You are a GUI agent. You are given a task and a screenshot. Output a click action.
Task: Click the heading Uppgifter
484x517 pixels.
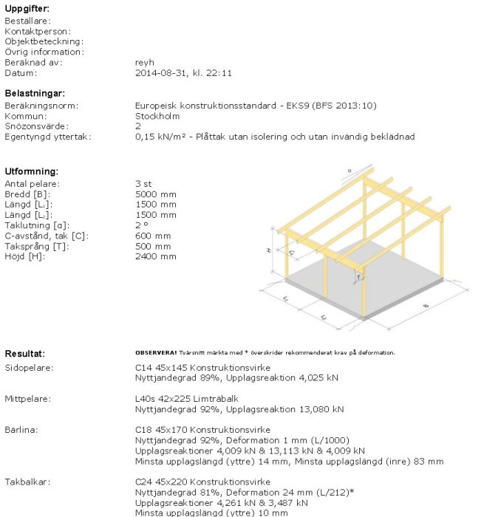click(x=27, y=8)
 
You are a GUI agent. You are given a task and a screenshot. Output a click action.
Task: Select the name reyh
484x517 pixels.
click(x=145, y=63)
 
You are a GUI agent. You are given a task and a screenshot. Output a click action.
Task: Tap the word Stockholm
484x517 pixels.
click(x=157, y=116)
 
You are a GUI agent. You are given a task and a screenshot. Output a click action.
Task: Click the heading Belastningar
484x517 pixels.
click(x=35, y=94)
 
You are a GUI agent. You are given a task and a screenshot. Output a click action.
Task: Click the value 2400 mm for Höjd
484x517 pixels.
click(x=156, y=256)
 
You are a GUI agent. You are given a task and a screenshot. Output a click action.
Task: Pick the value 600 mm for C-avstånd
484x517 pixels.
click(x=153, y=236)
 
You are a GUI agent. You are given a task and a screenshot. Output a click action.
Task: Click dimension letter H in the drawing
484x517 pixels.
click(x=269, y=251)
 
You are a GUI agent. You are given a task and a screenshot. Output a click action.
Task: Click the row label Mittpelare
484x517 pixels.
click(x=28, y=399)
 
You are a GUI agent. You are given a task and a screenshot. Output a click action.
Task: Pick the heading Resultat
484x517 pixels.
click(x=25, y=354)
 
